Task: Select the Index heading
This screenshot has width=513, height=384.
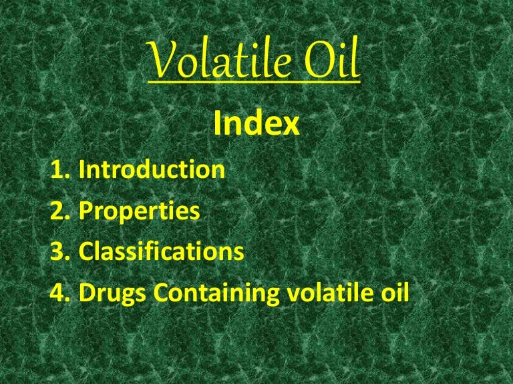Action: click(256, 124)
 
